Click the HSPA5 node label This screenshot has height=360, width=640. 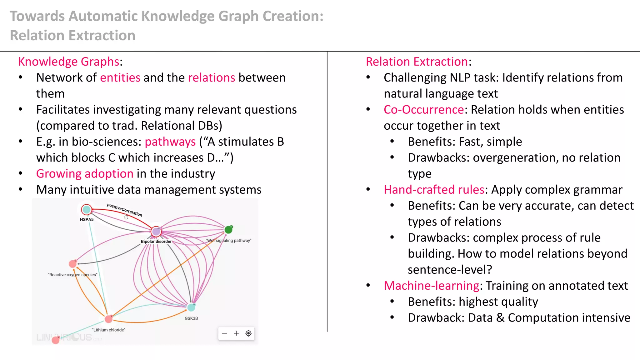pyautogui.click(x=87, y=219)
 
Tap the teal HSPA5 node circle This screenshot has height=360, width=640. pyautogui.click(x=87, y=209)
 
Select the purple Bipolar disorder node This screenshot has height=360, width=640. pyautogui.click(x=156, y=232)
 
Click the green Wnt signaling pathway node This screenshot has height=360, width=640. pyautogui.click(x=228, y=230)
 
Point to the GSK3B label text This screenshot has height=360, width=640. pyautogui.click(x=191, y=318)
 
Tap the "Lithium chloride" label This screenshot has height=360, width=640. pyautogui.click(x=108, y=330)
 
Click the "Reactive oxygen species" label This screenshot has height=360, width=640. pyautogui.click(x=72, y=275)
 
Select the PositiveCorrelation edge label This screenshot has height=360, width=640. pyautogui.click(x=124, y=210)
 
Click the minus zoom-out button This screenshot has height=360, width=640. pyautogui.click(x=224, y=333)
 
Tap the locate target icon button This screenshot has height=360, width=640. pyautogui.click(x=248, y=333)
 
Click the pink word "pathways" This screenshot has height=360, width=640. pyautogui.click(x=170, y=142)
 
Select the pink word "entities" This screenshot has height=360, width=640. pyautogui.click(x=120, y=78)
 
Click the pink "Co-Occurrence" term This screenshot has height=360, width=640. pyautogui.click(x=424, y=110)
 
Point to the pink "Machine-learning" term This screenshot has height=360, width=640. pyautogui.click(x=431, y=286)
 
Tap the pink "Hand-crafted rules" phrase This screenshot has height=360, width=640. pyautogui.click(x=434, y=190)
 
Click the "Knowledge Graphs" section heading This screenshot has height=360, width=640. pyautogui.click(x=69, y=62)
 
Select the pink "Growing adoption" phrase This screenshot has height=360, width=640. pyautogui.click(x=85, y=174)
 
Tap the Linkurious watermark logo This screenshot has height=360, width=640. pyautogui.click(x=64, y=337)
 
